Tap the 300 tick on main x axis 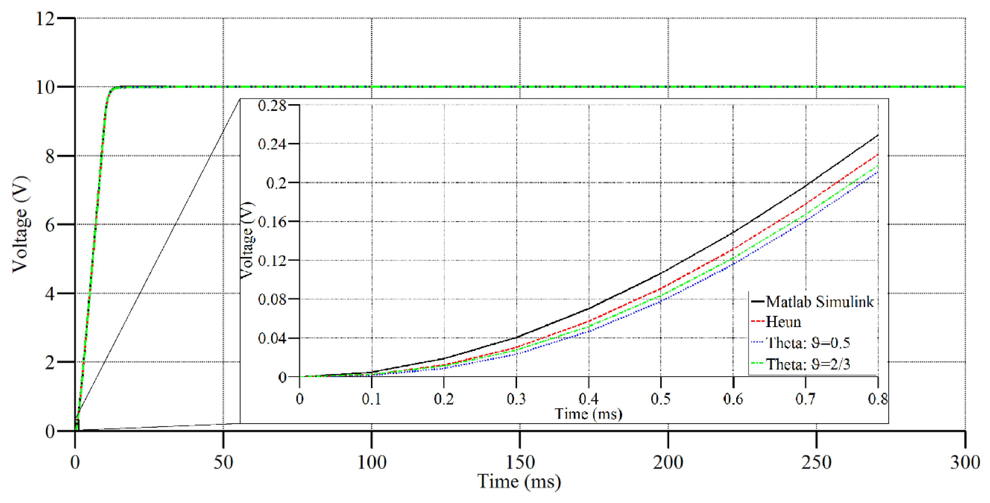point(965,462)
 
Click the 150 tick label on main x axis point(520,462)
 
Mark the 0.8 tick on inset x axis point(878,399)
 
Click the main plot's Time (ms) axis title point(519,481)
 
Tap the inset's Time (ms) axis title point(588,414)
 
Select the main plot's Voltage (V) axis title point(21,224)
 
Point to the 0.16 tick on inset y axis point(272,222)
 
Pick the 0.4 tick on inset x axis point(588,399)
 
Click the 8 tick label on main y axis point(50,156)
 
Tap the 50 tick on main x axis point(223,462)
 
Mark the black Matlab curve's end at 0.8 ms point(878,135)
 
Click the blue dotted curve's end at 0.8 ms point(878,171)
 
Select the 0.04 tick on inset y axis point(272,338)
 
